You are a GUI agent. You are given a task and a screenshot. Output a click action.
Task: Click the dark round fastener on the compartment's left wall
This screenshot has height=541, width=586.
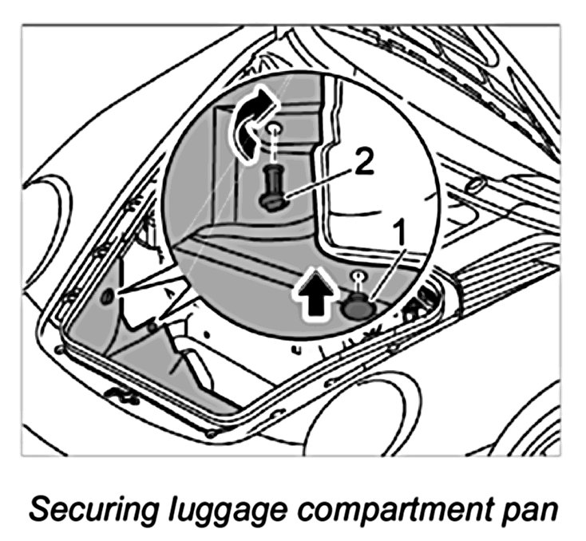coord(106,299)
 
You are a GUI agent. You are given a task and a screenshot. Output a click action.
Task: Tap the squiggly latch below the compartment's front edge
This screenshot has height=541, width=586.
coord(122,394)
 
